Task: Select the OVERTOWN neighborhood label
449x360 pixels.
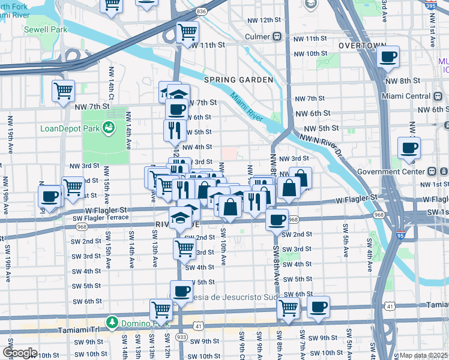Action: click(362, 46)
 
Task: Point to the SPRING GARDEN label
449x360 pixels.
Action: click(238, 80)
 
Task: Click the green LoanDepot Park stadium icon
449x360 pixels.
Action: click(109, 127)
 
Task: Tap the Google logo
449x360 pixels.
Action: click(19, 353)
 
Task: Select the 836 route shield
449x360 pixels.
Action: click(201, 11)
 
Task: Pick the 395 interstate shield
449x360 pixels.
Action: click(442, 4)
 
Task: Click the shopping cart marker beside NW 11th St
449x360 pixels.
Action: click(188, 31)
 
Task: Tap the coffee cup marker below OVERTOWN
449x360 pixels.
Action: click(389, 57)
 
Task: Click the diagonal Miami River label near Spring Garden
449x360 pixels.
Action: click(247, 106)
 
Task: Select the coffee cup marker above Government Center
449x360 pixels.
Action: click(409, 148)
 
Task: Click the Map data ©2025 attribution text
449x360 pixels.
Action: click(423, 355)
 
